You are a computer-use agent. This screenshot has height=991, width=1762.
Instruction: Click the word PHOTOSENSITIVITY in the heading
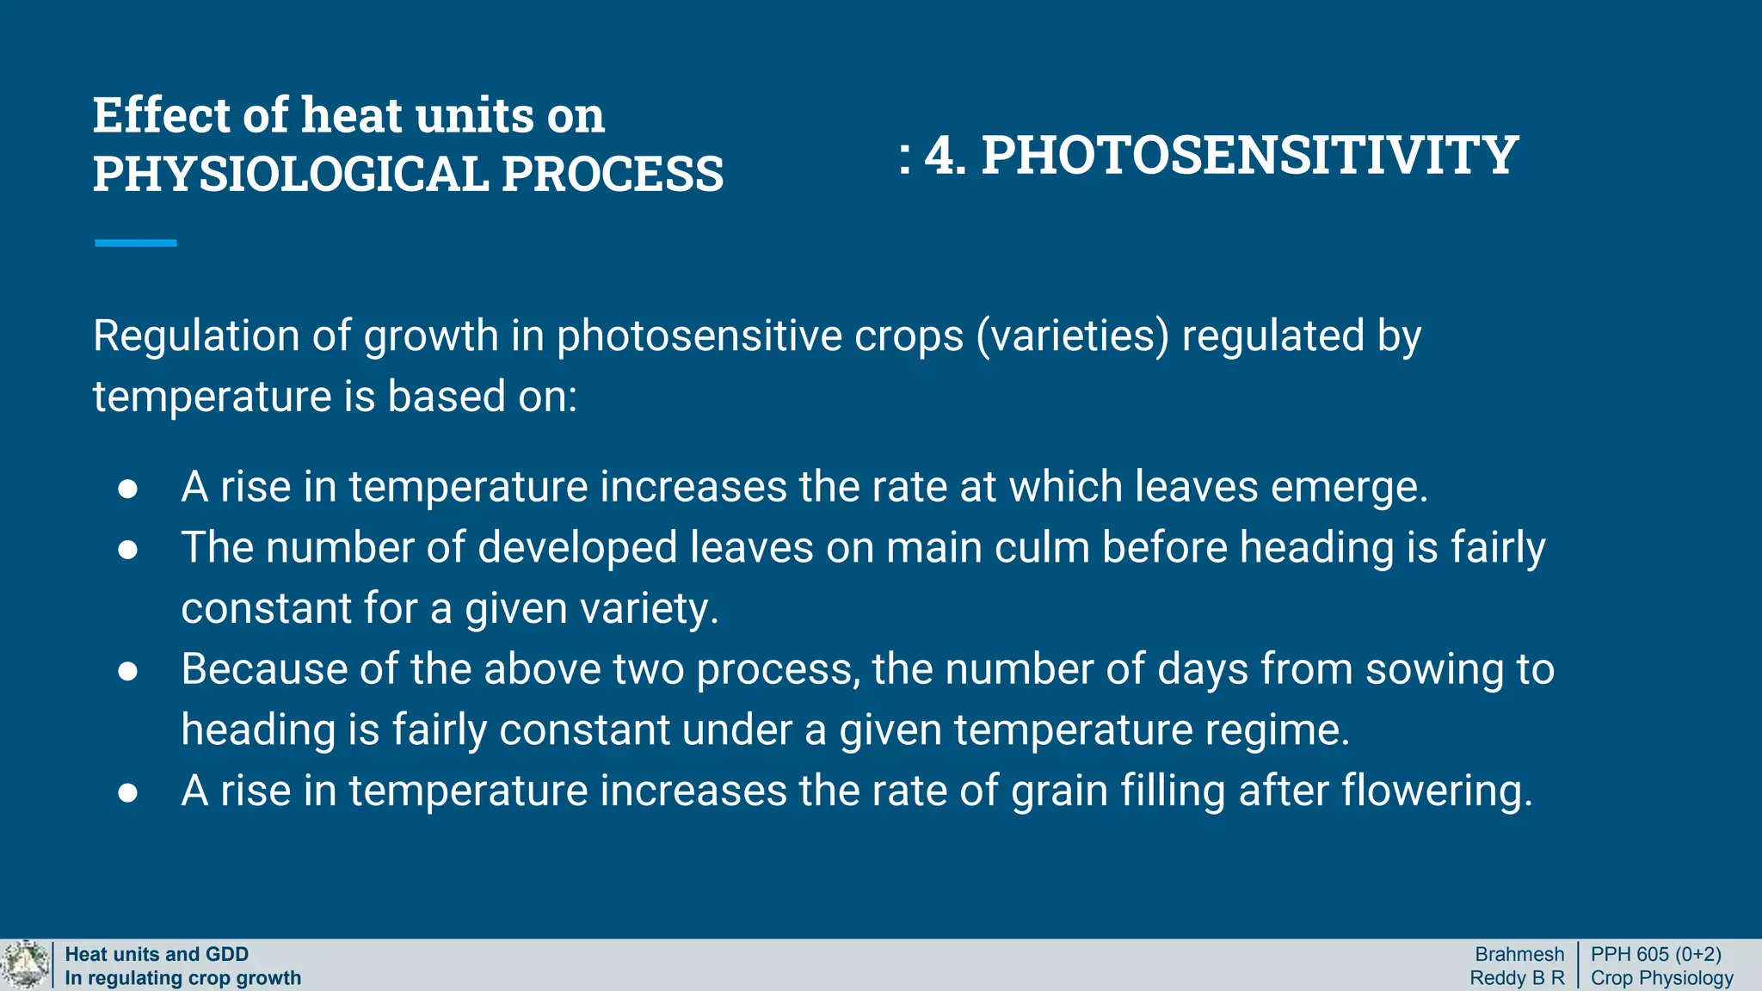(x=1249, y=156)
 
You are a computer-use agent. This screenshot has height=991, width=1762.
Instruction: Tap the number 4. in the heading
(x=945, y=156)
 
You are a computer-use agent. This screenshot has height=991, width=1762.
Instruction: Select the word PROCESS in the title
(x=612, y=174)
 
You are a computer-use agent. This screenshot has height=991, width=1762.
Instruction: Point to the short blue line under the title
(x=135, y=243)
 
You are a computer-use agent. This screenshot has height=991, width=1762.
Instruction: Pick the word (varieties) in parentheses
(x=1072, y=335)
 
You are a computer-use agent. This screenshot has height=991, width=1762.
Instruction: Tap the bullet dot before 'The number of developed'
(x=128, y=549)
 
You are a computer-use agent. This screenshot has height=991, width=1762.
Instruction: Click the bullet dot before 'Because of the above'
(x=128, y=670)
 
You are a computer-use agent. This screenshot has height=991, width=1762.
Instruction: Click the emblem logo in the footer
(x=26, y=965)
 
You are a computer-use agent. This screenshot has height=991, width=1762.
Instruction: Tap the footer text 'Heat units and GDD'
(x=157, y=954)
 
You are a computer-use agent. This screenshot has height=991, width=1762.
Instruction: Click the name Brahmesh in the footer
(x=1519, y=954)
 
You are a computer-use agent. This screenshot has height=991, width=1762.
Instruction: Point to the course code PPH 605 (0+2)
(x=1655, y=954)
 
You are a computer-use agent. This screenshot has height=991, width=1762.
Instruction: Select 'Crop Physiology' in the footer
(x=1661, y=978)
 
